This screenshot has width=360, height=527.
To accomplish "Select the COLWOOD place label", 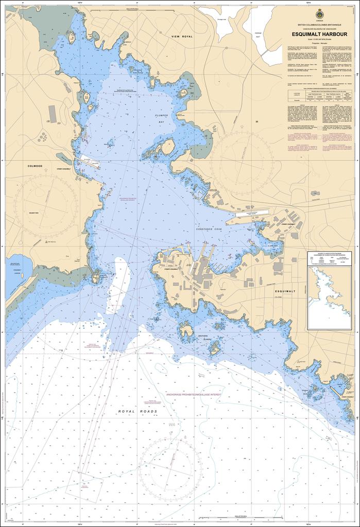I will tap(35, 166).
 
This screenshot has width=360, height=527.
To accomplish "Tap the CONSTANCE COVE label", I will tap(209, 228).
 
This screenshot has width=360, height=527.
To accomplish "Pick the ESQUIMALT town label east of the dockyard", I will tap(284, 290).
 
